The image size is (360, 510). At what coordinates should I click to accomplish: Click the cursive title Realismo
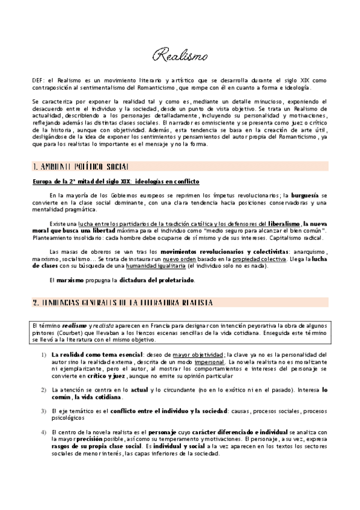coord(180,57)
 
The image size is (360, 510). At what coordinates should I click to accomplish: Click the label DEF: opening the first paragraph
coord(39,80)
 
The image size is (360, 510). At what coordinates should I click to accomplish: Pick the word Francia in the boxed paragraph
coord(145,325)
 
